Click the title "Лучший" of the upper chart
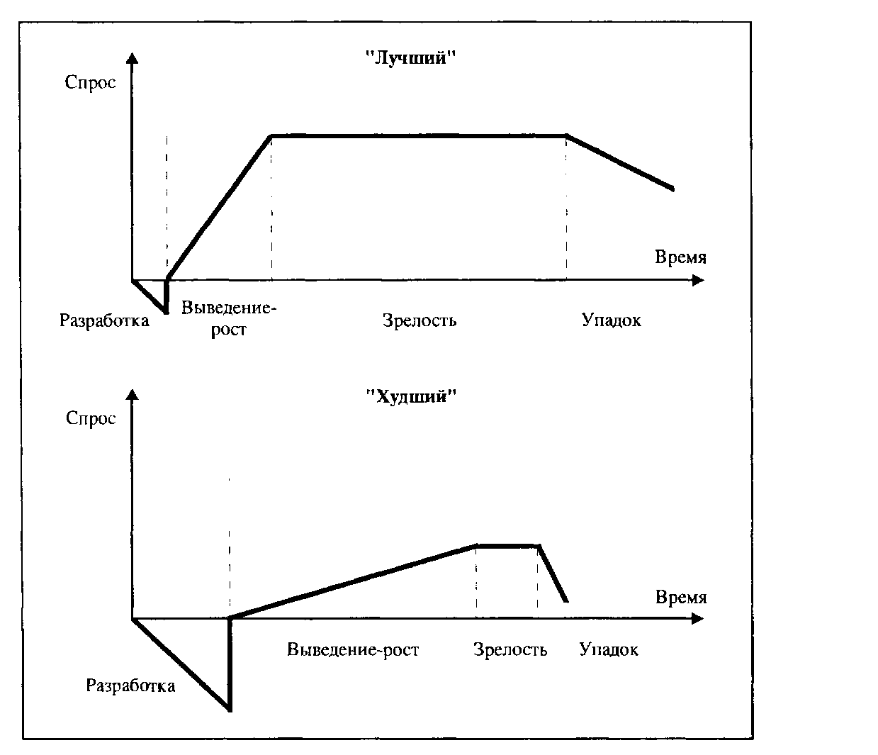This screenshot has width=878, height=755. [411, 57]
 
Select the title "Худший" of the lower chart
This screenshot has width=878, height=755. [411, 397]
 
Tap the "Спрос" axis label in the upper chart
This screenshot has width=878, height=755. [90, 83]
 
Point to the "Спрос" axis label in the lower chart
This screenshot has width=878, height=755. [91, 418]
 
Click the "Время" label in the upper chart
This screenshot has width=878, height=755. [680, 257]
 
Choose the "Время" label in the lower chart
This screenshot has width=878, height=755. [681, 597]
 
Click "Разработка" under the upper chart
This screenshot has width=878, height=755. [104, 320]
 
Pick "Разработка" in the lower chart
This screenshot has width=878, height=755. [131, 686]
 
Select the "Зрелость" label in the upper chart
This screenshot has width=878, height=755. [420, 320]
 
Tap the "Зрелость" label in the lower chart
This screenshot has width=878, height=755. [510, 649]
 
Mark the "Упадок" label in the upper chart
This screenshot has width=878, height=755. [612, 320]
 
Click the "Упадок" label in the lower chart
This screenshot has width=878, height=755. [609, 649]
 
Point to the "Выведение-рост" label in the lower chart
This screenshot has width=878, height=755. [353, 649]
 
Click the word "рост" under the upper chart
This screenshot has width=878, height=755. [228, 330]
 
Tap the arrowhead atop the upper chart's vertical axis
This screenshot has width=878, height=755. [132, 58]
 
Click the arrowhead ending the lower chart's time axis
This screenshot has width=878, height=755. [698, 619]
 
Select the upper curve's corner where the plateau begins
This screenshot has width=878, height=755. [271, 136]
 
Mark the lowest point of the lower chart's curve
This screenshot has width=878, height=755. [230, 710]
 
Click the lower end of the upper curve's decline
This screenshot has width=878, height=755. [672, 189]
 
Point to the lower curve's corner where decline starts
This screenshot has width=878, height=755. [539, 546]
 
